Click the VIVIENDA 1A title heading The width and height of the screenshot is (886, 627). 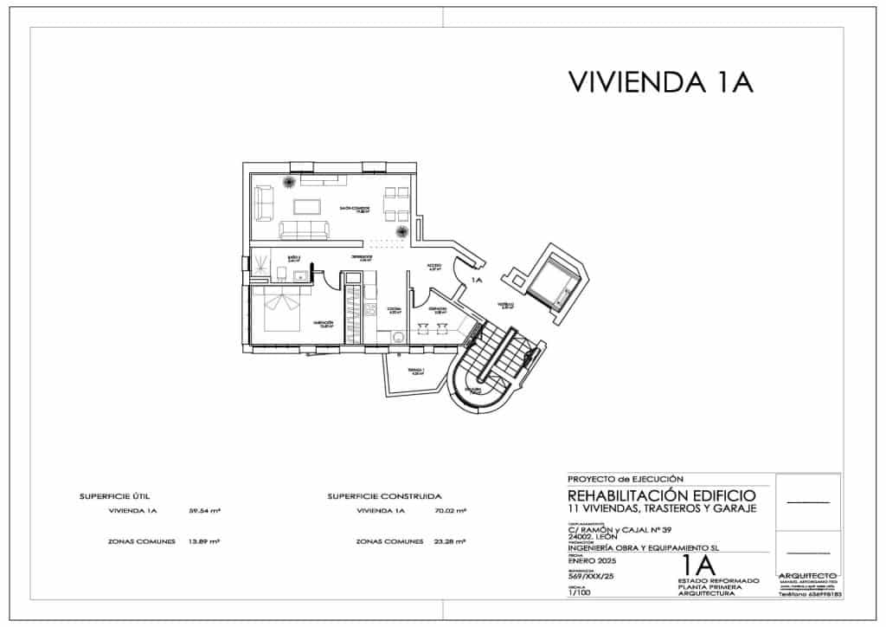(661, 81)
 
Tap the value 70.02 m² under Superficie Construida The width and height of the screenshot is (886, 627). (449, 512)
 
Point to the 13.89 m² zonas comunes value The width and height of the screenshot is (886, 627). (204, 541)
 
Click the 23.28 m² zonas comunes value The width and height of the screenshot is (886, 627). (449, 541)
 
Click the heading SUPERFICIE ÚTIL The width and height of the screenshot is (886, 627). (114, 497)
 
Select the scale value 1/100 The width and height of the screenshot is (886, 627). (578, 593)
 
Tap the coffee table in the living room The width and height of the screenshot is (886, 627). (307, 206)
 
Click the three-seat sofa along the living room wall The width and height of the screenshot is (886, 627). (304, 230)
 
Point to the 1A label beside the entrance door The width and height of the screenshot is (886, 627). (476, 281)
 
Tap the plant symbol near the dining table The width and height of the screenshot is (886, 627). (401, 232)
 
